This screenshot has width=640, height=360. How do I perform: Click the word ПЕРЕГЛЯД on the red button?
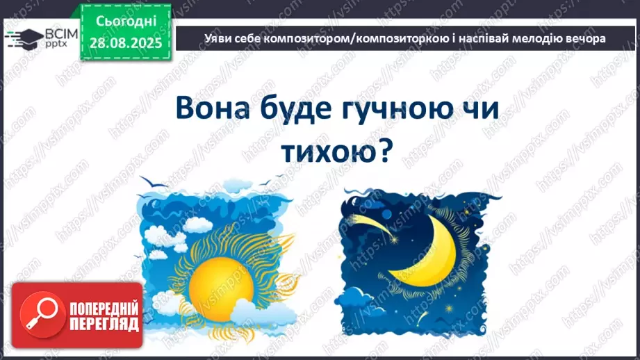tap(103, 324)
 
